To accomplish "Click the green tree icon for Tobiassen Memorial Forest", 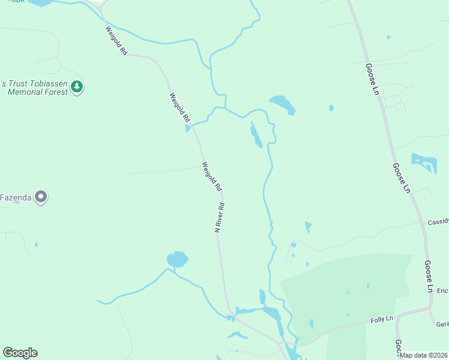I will [77, 87].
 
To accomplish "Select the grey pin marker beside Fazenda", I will [41, 196].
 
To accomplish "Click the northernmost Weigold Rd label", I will [116, 41].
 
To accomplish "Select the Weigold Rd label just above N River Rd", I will [212, 176].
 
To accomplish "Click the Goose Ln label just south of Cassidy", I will [428, 276].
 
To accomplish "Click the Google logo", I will [20, 353].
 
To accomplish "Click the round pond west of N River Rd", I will [177, 260].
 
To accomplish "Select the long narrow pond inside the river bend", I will [256, 134].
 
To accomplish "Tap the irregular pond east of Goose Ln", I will [424, 163].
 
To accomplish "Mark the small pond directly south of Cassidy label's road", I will [308, 227].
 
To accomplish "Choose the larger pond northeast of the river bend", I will [282, 104].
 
